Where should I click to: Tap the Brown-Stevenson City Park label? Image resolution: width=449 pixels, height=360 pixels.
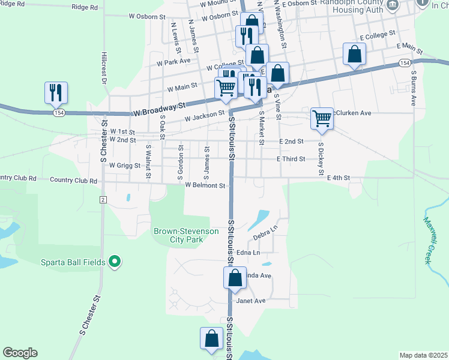pyautogui.click(x=178, y=235)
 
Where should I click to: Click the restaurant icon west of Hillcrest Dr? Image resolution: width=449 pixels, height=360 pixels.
pyautogui.click(x=56, y=92)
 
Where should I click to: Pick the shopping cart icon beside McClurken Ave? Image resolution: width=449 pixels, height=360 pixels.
pyautogui.click(x=322, y=118)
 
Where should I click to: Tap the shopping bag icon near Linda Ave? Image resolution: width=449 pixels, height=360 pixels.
pyautogui.click(x=235, y=278)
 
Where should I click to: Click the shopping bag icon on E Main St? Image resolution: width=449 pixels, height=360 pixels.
pyautogui.click(x=354, y=54)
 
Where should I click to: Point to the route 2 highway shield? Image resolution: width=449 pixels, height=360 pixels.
pyautogui.click(x=103, y=199)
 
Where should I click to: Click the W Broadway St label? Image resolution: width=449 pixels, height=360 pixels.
pyautogui.click(x=158, y=110)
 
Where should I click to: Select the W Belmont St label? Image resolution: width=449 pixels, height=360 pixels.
pyautogui.click(x=205, y=185)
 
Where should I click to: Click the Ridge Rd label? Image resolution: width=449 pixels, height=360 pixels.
pyautogui.click(x=84, y=7)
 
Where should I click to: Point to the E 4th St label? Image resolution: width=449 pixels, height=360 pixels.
pyautogui.click(x=338, y=178)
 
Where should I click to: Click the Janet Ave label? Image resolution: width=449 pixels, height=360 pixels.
pyautogui.click(x=251, y=301)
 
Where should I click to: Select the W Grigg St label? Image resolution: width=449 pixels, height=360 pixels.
pyautogui.click(x=124, y=165)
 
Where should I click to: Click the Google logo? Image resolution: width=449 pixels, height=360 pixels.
pyautogui.click(x=20, y=353)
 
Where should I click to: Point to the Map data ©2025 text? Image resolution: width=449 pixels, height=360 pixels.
pyautogui.click(x=423, y=355)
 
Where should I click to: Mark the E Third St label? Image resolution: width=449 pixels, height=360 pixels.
pyautogui.click(x=291, y=159)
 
